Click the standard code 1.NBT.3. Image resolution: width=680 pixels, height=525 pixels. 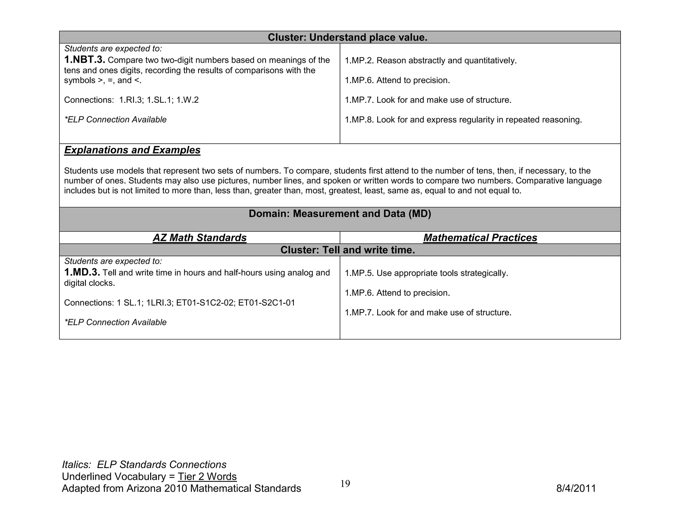coord(85,60)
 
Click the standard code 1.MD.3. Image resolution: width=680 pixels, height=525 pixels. coord(82,272)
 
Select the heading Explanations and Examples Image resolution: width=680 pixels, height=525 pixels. coord(132,150)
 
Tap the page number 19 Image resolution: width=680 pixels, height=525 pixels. coord(345,484)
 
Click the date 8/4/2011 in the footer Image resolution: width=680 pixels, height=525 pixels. coord(576,488)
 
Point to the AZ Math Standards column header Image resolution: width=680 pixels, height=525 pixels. coord(200,238)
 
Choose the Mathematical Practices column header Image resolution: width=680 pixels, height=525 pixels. coord(480,238)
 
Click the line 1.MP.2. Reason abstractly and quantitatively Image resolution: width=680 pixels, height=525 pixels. coord(431,61)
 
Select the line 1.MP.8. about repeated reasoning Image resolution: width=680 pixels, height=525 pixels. coord(463,120)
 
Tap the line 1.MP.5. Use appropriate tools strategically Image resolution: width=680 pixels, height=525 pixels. coord(426,273)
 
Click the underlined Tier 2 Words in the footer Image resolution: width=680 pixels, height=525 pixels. coord(207,477)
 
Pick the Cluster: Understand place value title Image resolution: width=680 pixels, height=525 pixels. coord(347,37)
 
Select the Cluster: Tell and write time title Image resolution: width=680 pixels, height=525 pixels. coord(348,250)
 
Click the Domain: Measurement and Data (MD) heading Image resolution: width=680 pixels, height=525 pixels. coord(340,214)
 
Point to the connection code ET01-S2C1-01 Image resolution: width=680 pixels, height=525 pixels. coord(267,303)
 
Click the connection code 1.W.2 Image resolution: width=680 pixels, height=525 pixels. coord(188,100)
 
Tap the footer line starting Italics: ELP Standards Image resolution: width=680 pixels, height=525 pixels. coord(144,465)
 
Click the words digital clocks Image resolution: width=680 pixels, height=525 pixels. coord(89,283)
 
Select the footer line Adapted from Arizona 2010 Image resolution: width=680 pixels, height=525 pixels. coord(181,488)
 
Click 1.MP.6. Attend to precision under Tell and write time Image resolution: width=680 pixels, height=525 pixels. coord(397,293)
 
